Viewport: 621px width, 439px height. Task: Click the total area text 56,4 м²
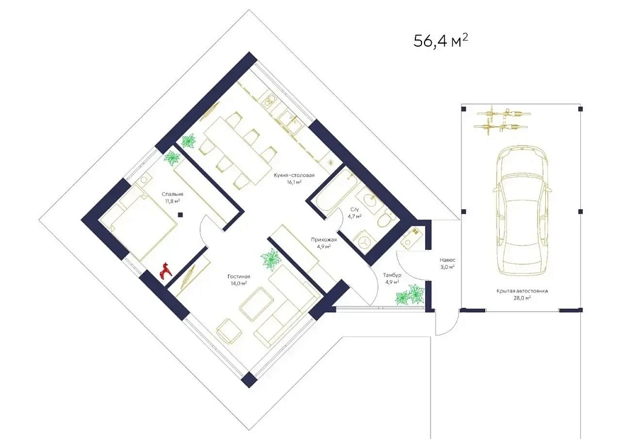point(441,41)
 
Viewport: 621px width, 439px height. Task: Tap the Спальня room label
point(172,195)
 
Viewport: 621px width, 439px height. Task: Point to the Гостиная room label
point(238,276)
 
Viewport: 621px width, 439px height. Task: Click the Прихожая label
point(324,240)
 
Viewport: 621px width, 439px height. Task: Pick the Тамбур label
point(392,275)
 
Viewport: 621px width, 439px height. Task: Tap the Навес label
point(448,260)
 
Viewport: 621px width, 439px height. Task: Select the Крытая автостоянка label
point(522,291)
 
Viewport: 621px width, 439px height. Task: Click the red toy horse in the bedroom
point(165,270)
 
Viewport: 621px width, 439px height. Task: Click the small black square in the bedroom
point(180,215)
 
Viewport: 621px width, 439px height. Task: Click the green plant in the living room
point(271,260)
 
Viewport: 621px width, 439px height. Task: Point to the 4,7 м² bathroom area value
point(355,216)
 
